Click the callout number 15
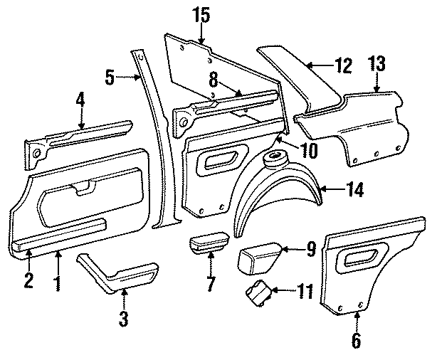click(x=201, y=14)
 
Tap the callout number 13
click(x=377, y=65)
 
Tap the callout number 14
click(x=354, y=189)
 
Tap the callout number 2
click(x=28, y=280)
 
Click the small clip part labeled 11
click(x=258, y=292)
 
